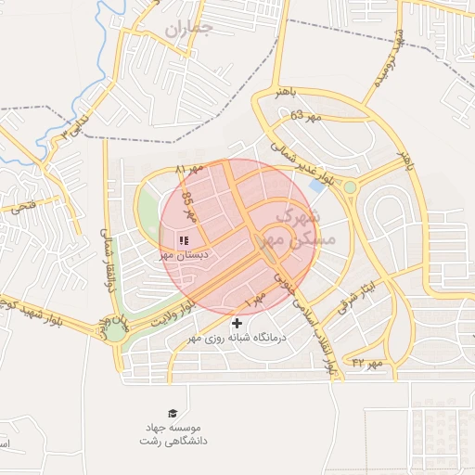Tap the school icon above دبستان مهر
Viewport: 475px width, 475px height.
[x=183, y=239]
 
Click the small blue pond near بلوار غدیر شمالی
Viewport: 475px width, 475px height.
[x=318, y=186]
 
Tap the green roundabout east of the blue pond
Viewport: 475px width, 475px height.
[x=350, y=187]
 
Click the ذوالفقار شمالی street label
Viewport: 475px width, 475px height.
[x=110, y=260]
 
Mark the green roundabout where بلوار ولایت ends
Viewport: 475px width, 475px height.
[x=115, y=329]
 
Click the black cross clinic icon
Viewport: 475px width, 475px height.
[x=238, y=323]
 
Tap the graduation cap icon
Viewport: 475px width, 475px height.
[x=173, y=413]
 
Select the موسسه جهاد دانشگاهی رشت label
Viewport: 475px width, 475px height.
[x=174, y=434]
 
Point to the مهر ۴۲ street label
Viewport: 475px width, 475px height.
[x=366, y=362]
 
